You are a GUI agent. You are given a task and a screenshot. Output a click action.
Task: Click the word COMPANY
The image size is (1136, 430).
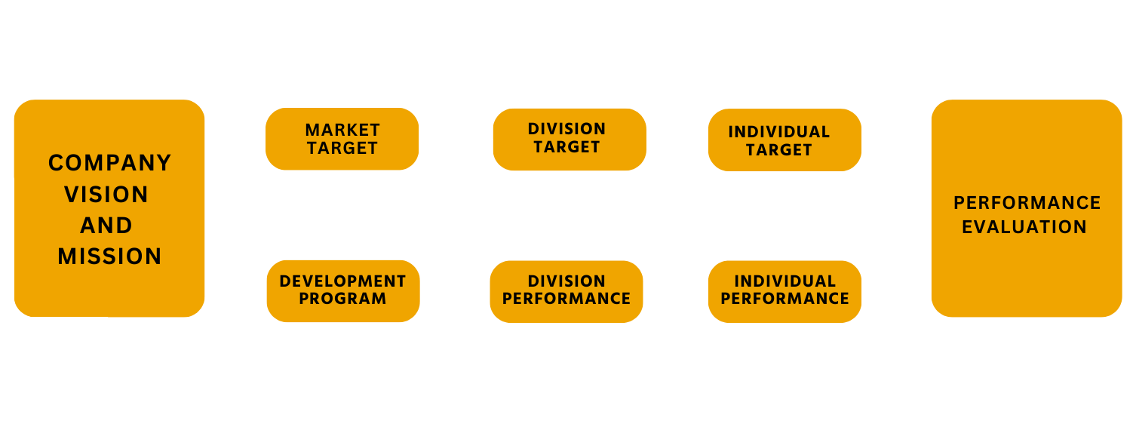(x=110, y=163)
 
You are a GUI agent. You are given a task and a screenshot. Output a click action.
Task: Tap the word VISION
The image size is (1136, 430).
(x=106, y=195)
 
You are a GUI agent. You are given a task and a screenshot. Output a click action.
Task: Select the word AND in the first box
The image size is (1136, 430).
(x=106, y=226)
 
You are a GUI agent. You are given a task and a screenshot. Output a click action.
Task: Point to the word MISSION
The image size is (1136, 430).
(x=110, y=256)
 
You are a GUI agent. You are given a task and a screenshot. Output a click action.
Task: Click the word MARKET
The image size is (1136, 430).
(x=342, y=131)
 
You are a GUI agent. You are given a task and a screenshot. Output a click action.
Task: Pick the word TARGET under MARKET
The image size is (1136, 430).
(x=342, y=148)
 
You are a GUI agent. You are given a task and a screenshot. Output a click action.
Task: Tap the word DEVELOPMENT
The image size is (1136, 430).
(x=342, y=281)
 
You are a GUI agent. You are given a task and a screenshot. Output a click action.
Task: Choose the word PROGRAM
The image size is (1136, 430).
(x=342, y=299)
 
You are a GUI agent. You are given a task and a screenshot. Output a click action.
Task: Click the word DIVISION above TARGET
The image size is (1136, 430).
(x=566, y=129)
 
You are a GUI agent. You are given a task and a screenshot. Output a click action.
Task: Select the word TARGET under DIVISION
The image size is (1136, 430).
(x=566, y=147)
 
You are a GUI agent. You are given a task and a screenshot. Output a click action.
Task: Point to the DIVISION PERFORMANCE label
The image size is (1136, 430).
(x=566, y=290)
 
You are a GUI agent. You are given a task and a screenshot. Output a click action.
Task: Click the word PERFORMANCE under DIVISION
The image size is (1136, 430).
(x=566, y=299)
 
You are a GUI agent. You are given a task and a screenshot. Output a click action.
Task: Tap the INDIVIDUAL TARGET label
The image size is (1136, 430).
(x=779, y=141)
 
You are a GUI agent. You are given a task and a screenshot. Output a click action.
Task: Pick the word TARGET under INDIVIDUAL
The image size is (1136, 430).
(x=779, y=150)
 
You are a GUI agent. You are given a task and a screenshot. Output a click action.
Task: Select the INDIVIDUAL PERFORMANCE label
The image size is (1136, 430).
(x=784, y=290)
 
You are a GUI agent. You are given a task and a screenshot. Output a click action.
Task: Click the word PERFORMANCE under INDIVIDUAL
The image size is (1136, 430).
(x=784, y=299)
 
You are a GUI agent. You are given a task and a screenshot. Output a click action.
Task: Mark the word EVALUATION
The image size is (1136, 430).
(x=1024, y=227)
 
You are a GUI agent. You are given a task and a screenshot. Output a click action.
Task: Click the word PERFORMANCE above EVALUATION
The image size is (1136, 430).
(x=1027, y=203)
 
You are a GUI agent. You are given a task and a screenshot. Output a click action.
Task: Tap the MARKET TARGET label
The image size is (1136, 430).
(x=342, y=139)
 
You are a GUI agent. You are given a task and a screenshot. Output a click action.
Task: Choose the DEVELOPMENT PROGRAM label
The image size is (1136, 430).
(x=342, y=290)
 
